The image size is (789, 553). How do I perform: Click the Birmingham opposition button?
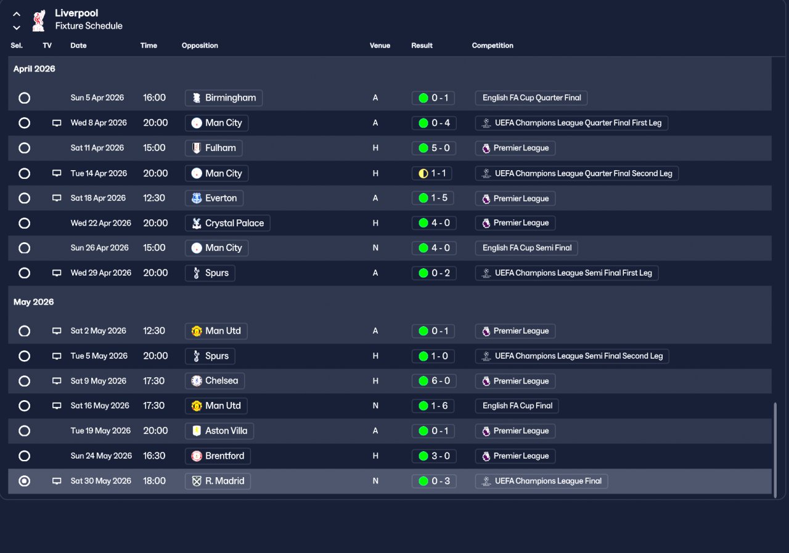point(224,98)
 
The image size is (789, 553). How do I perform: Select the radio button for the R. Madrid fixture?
point(24,481)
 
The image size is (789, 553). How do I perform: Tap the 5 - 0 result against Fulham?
point(434,148)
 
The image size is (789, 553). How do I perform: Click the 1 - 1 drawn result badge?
point(431,173)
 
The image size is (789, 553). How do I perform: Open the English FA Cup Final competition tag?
point(517,406)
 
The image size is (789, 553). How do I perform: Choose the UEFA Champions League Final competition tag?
point(541,481)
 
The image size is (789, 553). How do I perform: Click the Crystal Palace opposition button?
point(227,223)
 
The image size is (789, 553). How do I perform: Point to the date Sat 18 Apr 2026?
point(98,198)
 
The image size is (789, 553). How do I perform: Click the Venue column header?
point(380,46)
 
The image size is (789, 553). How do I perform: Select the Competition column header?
point(493,46)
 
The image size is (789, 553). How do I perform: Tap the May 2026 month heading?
point(34,302)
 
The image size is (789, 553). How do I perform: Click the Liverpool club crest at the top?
point(39,20)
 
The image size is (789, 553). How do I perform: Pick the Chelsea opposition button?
point(215,381)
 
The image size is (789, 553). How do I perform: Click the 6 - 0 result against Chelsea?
point(434,381)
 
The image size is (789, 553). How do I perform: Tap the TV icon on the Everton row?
point(57,198)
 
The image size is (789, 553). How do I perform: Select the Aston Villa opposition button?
point(219,431)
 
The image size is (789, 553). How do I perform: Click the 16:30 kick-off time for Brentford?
point(154,456)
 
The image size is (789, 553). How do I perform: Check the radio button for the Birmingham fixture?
point(24,98)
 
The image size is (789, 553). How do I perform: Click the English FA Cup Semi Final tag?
point(526,248)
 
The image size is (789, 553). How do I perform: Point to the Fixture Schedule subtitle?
point(89,26)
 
